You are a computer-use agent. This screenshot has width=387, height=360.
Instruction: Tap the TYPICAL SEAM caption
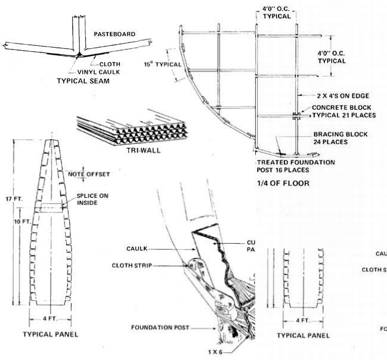coord(83,80)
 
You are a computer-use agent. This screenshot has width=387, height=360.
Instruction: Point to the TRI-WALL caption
coord(144,150)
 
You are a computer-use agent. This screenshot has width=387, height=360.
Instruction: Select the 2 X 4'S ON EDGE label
coord(344,95)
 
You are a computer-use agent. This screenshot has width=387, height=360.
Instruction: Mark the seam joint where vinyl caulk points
coord(78,55)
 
